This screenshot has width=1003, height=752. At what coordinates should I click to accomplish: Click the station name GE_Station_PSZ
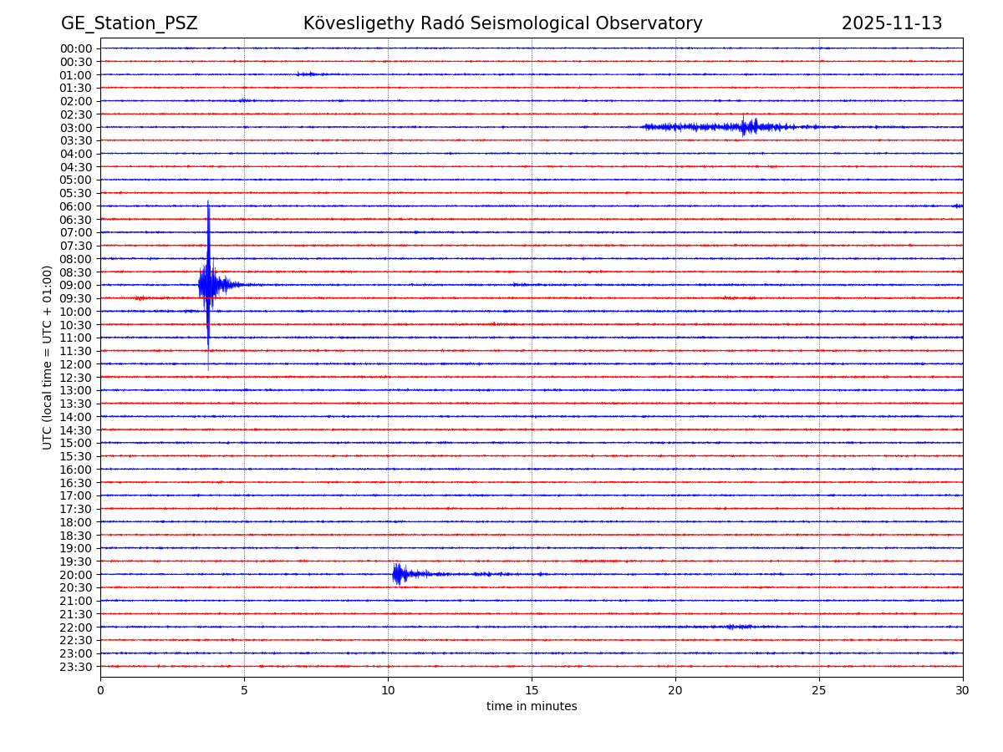coord(129,23)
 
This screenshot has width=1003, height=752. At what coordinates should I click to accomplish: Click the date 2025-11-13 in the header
coord(891,23)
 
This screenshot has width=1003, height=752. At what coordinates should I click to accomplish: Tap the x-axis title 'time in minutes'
coord(532,707)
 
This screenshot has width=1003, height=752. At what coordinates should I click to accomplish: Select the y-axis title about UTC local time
coord(48,357)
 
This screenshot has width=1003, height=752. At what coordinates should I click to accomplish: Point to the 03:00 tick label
coord(75,127)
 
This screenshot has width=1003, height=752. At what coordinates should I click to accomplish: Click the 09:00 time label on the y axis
coord(75,285)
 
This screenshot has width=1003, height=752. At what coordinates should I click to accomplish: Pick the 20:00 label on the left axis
coord(75,574)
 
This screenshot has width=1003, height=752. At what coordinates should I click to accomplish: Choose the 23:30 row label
coord(75,667)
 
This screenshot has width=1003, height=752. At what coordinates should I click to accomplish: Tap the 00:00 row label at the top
coord(75,48)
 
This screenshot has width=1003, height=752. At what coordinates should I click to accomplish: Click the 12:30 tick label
coord(75,377)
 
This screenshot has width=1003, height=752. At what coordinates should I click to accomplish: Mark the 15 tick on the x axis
coord(532,690)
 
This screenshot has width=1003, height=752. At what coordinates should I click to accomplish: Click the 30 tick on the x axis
coord(963,690)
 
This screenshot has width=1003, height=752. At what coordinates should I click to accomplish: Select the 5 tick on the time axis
coord(244,690)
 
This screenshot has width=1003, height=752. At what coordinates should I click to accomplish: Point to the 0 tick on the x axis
coord(100,690)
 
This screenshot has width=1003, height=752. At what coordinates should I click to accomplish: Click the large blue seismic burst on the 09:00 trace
coord(208,284)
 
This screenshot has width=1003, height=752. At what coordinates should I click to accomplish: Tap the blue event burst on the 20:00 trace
coord(399,573)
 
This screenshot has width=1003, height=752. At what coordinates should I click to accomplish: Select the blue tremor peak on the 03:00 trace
coord(744,126)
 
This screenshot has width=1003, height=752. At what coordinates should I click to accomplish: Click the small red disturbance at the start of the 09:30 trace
coord(140,297)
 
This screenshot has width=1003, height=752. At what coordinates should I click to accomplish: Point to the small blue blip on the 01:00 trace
coord(308,74)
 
